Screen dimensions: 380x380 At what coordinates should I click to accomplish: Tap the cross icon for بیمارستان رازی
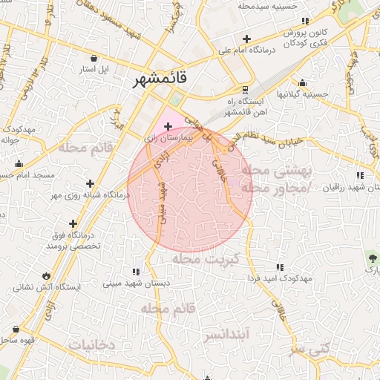pos(168,127)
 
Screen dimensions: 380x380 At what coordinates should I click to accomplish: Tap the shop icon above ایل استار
pos(94,58)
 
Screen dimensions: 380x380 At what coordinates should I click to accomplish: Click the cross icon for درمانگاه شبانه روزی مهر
pos(90,183)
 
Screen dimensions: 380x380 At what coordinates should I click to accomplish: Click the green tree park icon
pos(371,259)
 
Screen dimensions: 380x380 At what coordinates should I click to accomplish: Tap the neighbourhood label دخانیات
pos(91,345)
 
